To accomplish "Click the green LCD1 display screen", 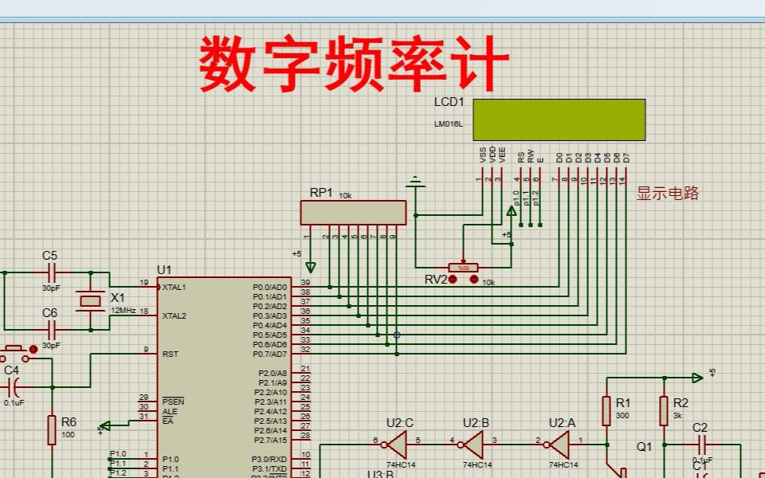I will point(559,119).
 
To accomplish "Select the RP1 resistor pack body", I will point(352,213).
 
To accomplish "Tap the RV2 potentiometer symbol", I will point(462,268).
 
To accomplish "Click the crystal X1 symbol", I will point(90,300).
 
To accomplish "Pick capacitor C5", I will point(52,272).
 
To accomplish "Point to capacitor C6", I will point(52,329).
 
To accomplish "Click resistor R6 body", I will point(52,429).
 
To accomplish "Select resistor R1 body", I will point(606,411).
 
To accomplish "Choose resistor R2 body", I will point(663,411).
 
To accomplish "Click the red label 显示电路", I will point(667,193).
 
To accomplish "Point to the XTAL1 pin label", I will point(174,287).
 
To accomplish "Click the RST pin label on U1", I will point(169,354).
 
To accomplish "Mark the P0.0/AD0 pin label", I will point(269,287).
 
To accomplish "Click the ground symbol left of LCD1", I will point(414,184).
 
